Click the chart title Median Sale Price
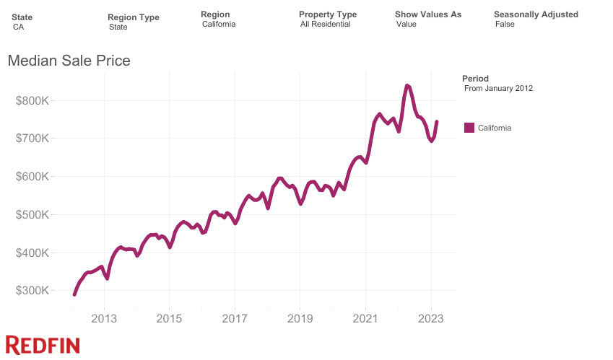coord(69,61)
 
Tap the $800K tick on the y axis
coord(32,100)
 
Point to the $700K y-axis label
coord(32,139)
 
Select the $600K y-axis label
coord(32,177)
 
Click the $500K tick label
coord(32,215)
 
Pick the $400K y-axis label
coord(32,253)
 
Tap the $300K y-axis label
coord(32,291)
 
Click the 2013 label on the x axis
coord(104,317)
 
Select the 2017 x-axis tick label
coord(235,317)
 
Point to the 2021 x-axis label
coord(365,317)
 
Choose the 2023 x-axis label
coord(431,317)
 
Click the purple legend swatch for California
coord(469,128)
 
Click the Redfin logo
coord(42,345)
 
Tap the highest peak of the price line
coord(407,85)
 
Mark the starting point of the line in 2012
coord(74,294)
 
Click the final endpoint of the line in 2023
coord(437,122)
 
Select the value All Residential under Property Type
coord(325,25)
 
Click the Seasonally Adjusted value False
coord(505,25)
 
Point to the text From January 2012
coord(498,88)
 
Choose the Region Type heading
coord(134,17)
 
